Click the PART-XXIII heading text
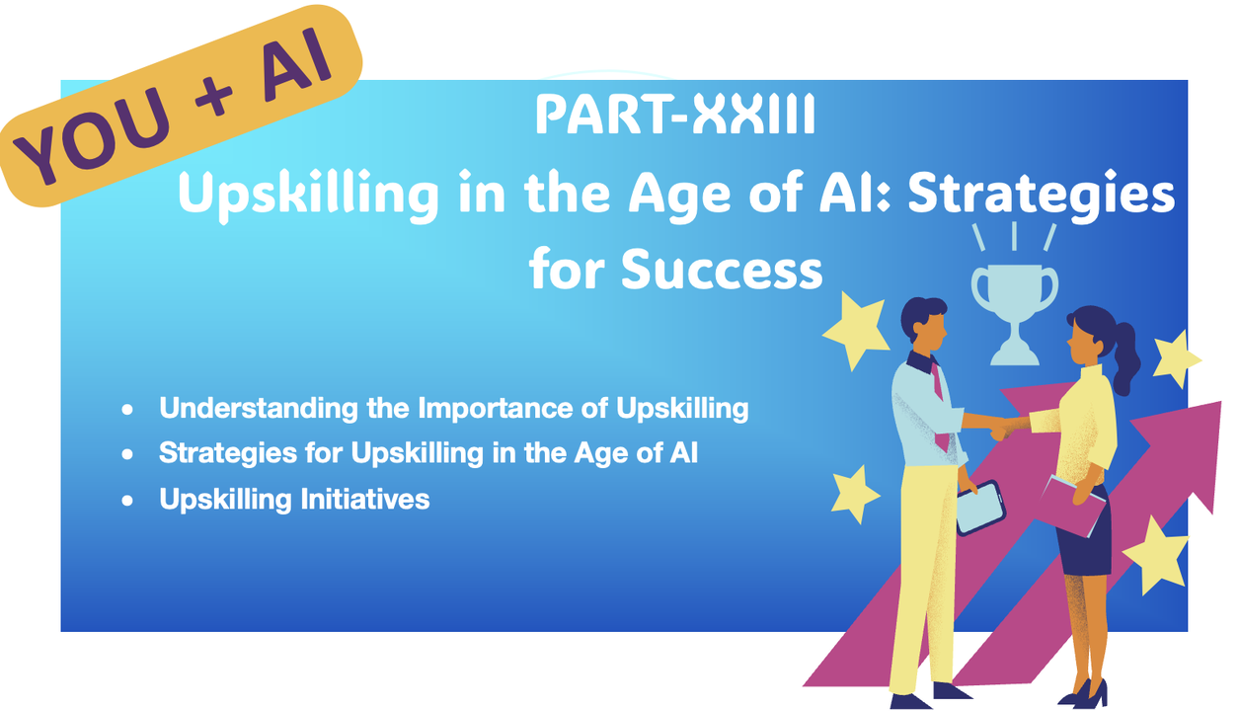pyautogui.click(x=675, y=115)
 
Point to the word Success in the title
pyautogui.click(x=722, y=270)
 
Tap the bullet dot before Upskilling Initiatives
pyautogui.click(x=127, y=501)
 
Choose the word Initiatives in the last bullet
pyautogui.click(x=365, y=499)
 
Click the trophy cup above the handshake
pyautogui.click(x=1014, y=313)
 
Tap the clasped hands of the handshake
pyautogui.click(x=1003, y=428)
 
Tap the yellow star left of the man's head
pyautogui.click(x=855, y=331)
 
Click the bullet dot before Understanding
pyautogui.click(x=127, y=409)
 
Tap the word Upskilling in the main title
pyautogui.click(x=308, y=195)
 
